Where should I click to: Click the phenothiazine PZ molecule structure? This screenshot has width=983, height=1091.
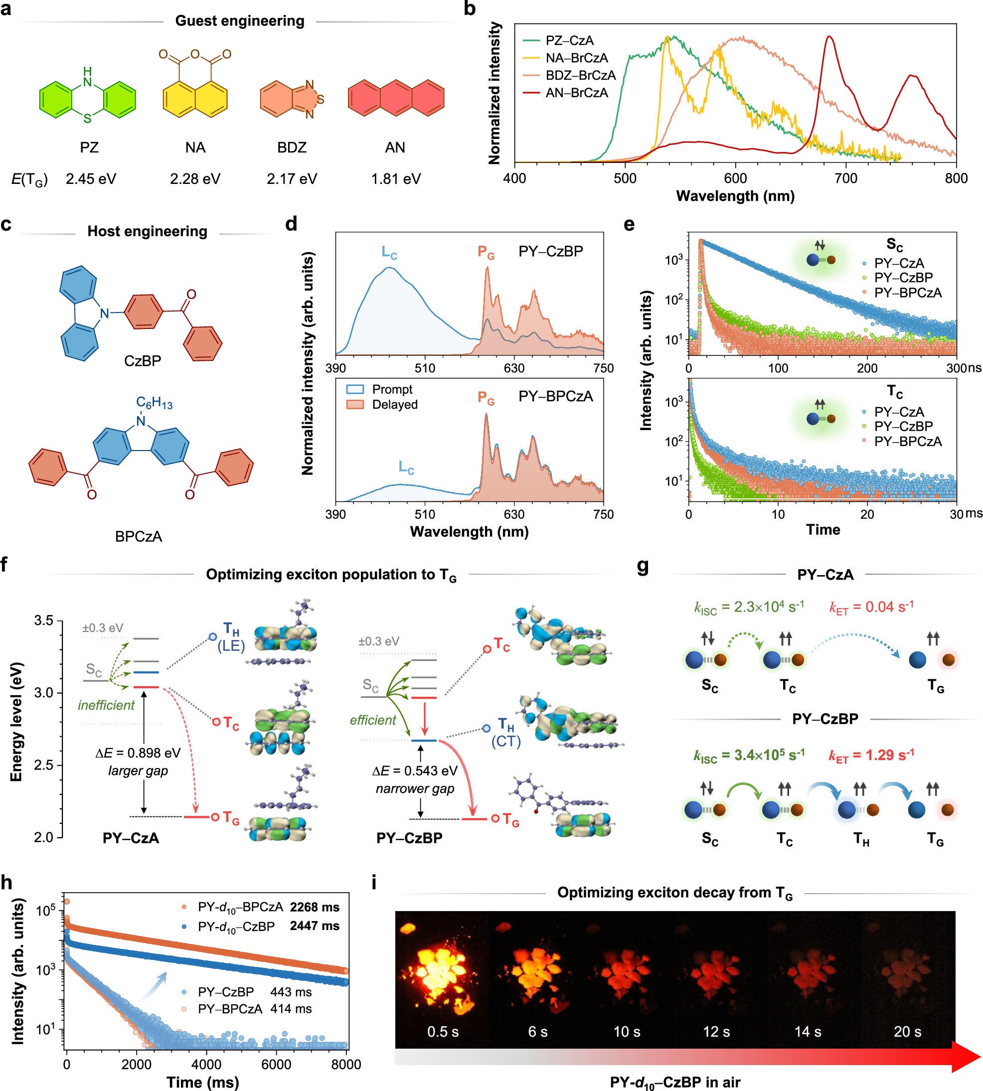click(88, 97)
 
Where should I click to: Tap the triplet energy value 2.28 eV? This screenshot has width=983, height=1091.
click(195, 179)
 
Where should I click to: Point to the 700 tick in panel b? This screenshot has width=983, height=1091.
click(846, 178)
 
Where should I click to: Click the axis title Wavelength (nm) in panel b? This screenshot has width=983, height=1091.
click(735, 195)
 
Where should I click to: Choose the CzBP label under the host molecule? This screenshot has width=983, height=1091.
click(143, 360)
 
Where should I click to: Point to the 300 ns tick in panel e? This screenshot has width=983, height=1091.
click(957, 368)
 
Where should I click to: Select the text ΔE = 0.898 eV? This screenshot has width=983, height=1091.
click(138, 753)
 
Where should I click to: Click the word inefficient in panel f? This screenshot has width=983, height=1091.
click(106, 705)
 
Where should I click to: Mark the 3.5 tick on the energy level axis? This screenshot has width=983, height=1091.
click(44, 620)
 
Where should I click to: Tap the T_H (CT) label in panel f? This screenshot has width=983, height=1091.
click(506, 732)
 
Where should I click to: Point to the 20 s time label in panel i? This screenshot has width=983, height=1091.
click(907, 1031)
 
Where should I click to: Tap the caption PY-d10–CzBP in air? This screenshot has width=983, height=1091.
click(674, 1082)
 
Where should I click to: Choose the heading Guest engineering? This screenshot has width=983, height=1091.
click(240, 20)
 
